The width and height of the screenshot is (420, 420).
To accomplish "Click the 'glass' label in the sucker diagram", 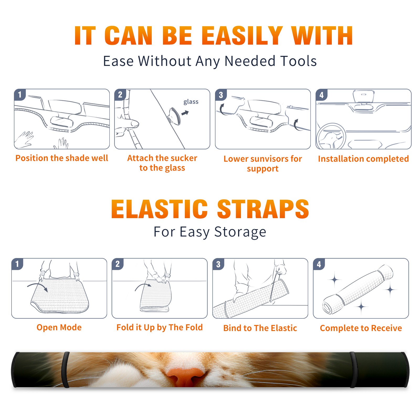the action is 191,102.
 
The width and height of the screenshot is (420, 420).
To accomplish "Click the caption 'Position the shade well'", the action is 62,158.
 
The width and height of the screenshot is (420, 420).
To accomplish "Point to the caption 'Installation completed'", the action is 363,159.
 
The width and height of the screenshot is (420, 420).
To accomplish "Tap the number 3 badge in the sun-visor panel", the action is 220,95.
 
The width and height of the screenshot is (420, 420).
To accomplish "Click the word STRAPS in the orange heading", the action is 263,209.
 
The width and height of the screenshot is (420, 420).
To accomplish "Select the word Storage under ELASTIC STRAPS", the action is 240,232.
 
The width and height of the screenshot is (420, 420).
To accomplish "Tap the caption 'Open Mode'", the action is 59,327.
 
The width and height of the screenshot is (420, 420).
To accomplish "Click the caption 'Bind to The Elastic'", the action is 260,328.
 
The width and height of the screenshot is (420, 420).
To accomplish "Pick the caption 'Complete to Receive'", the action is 361,328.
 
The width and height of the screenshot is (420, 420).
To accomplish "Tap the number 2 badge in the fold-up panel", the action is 117,264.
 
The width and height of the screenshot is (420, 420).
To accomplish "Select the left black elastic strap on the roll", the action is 65,370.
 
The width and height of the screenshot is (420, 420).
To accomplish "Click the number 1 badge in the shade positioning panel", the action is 19,95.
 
